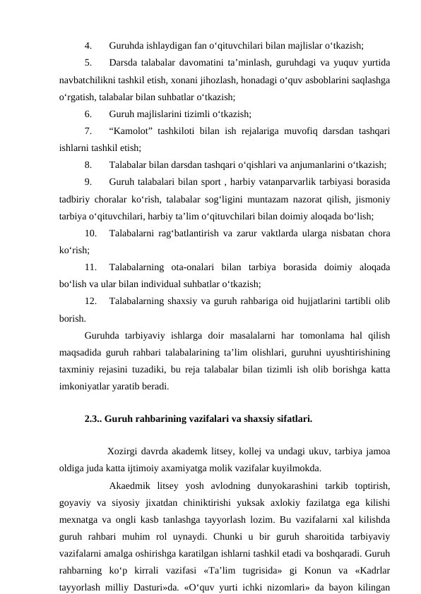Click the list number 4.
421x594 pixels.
click(87, 44)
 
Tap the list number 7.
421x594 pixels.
click(87, 131)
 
